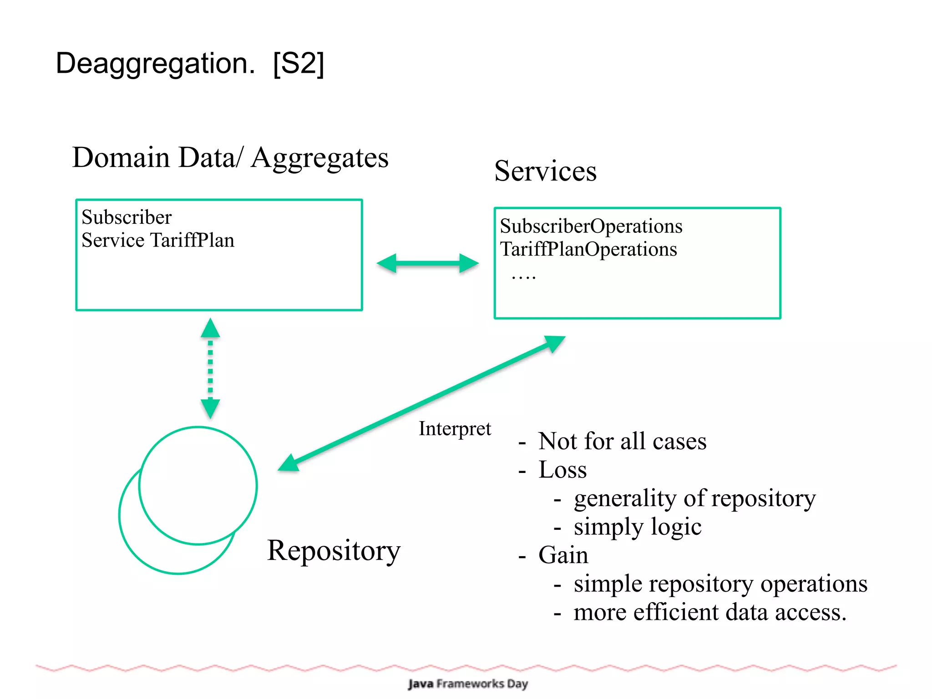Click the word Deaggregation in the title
pyautogui.click(x=155, y=64)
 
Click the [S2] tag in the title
pyautogui.click(x=299, y=64)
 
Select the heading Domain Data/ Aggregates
pyautogui.click(x=230, y=158)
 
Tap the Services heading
pyautogui.click(x=545, y=171)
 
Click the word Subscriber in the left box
pyautogui.click(x=127, y=217)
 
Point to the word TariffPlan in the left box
pyautogui.click(x=192, y=240)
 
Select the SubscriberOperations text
pyautogui.click(x=591, y=226)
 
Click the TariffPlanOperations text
pyautogui.click(x=588, y=249)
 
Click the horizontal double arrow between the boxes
pyautogui.click(x=428, y=263)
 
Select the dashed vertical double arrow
pyautogui.click(x=210, y=368)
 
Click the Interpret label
pyautogui.click(x=455, y=429)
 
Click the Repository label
pyautogui.click(x=334, y=551)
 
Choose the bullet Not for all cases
pyautogui.click(x=622, y=441)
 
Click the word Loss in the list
pyautogui.click(x=562, y=470)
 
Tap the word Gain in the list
pyautogui.click(x=563, y=555)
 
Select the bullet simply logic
pyautogui.click(x=637, y=527)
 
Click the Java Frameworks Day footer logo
pyautogui.click(x=467, y=684)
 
